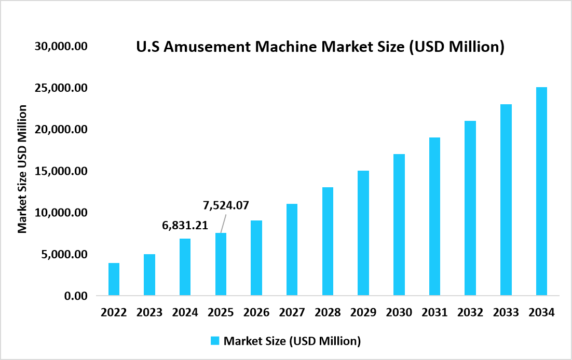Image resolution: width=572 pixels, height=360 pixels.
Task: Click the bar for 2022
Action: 114,280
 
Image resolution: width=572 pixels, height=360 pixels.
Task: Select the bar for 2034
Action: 541,191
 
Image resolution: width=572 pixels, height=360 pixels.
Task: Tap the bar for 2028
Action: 328,241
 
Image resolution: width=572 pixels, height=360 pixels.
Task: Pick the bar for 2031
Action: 434,216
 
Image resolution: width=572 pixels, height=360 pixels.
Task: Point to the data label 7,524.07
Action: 226,205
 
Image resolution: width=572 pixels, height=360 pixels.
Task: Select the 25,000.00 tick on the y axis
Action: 61,88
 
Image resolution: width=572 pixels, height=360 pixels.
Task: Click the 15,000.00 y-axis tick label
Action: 61,171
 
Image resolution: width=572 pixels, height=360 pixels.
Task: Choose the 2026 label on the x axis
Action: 256,312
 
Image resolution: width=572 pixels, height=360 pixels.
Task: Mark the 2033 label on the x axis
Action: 506,312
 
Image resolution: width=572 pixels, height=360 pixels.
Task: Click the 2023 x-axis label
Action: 149,312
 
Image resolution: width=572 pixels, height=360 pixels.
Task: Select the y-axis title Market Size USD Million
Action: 22,169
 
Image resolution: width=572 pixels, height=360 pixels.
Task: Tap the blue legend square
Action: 215,341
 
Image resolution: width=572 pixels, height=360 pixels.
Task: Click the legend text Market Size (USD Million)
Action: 292,341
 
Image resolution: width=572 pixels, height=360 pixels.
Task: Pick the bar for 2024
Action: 185,267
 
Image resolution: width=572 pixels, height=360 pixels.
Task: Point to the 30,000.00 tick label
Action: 61,46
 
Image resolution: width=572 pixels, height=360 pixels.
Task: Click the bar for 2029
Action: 363,233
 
